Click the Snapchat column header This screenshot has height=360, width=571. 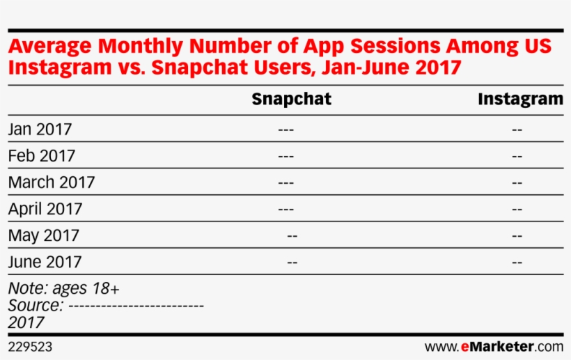pos(291,99)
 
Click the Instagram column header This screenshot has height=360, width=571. pos(520,99)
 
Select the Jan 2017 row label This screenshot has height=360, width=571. pos(40,129)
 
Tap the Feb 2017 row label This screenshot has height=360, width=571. pos(41,155)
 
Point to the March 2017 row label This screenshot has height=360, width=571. pos(52,182)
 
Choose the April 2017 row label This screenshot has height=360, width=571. pos(45,209)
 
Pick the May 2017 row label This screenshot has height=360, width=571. pos(43,235)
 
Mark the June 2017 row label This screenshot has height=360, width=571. pos(45,262)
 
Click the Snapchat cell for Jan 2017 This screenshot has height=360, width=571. pos(285,130)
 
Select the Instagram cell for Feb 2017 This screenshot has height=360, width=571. pos(517,156)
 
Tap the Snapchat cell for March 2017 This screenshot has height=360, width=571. pos(285,182)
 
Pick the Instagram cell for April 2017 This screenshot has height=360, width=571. pos(517,209)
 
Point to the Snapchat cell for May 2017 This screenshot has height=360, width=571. pos(292,236)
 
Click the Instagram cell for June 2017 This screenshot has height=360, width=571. pos(517,263)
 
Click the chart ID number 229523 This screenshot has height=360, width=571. pos(30,346)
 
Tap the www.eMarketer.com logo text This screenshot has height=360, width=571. pos(494,346)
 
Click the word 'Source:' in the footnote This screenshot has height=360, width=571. pos(36,305)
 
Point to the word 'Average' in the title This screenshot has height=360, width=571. pos(50,47)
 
